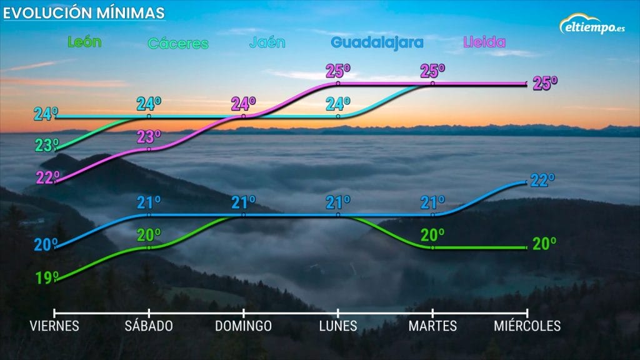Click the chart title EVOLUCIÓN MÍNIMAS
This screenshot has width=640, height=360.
pyautogui.click(x=85, y=12)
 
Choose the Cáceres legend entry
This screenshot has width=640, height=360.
pyautogui.click(x=177, y=44)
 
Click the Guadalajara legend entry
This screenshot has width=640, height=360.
pyautogui.click(x=377, y=42)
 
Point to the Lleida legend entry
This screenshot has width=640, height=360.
pyautogui.click(x=484, y=42)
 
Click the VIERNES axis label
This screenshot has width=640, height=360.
pyautogui.click(x=55, y=326)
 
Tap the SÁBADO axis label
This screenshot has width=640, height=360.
pyautogui.click(x=149, y=326)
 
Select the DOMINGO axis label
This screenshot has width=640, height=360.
pyautogui.click(x=244, y=326)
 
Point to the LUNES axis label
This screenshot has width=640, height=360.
pyautogui.click(x=338, y=326)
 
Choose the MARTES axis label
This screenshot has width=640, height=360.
pyautogui.click(x=432, y=326)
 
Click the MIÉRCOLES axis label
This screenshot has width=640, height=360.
pyautogui.click(x=527, y=326)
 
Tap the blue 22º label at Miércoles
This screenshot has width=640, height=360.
pyautogui.click(x=542, y=181)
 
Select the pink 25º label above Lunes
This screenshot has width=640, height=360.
pyautogui.click(x=338, y=71)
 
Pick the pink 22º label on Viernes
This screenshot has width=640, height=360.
pyautogui.click(x=47, y=177)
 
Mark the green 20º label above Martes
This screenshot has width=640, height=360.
pyautogui.click(x=432, y=235)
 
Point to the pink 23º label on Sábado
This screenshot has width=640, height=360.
pyautogui.click(x=149, y=136)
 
